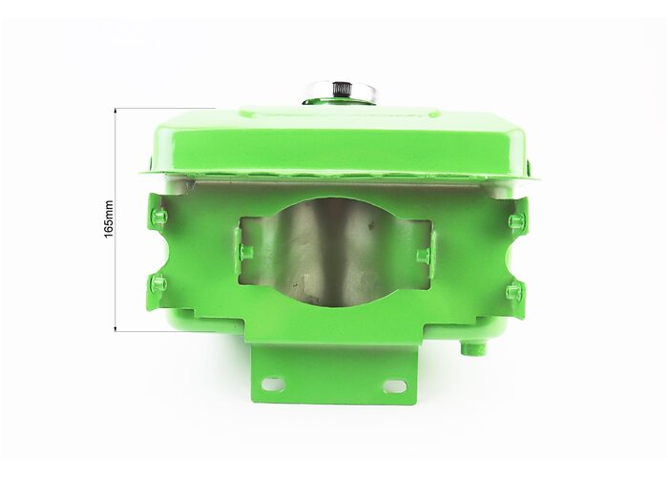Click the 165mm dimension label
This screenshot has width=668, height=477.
click(109, 218)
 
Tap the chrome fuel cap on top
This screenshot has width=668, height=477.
click(340, 94)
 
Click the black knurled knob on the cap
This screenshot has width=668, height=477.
click(341, 90)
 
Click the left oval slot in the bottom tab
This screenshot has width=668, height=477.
click(273, 384)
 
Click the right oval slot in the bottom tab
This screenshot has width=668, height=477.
click(394, 385)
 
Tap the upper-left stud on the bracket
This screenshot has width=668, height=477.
click(159, 216)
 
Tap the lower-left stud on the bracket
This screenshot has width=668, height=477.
click(159, 282)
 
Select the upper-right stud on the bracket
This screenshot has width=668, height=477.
click(516, 220)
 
